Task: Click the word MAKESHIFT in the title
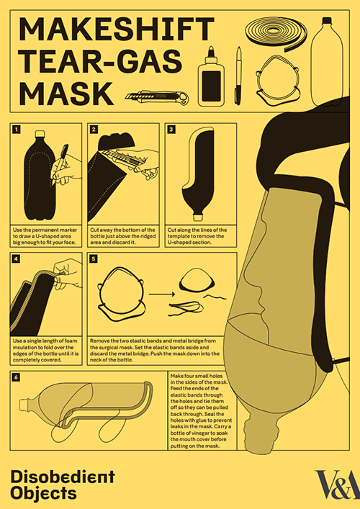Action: pyautogui.click(x=117, y=30)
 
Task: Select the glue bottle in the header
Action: pyautogui.click(x=211, y=76)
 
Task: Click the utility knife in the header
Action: pyautogui.click(x=157, y=97)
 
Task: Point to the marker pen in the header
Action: pyautogui.click(x=238, y=76)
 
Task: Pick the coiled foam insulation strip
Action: pyautogui.click(x=276, y=33)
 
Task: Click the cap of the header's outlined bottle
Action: pyautogui.click(x=327, y=21)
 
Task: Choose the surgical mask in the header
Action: pyautogui.click(x=277, y=81)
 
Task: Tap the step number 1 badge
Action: pyautogui.click(x=17, y=130)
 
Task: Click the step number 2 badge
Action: pyautogui.click(x=94, y=130)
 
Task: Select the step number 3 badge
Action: pyautogui.click(x=171, y=130)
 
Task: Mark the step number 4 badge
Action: pyautogui.click(x=17, y=258)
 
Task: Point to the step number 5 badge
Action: pyautogui.click(x=94, y=258)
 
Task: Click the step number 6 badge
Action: pyautogui.click(x=17, y=377)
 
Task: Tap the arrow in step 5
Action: pyautogui.click(x=162, y=294)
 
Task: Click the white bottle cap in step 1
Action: pyautogui.click(x=40, y=133)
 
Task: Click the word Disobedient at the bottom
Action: pyautogui.click(x=63, y=477)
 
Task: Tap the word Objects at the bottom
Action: pyautogui.click(x=43, y=493)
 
